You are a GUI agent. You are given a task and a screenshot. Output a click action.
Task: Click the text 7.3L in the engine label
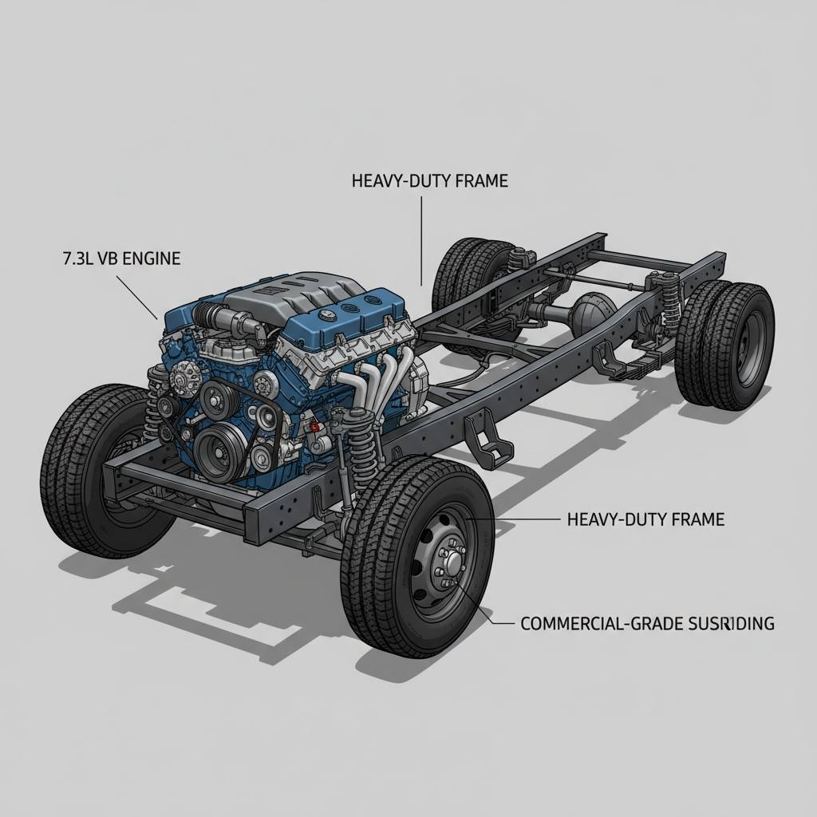pos(77,258)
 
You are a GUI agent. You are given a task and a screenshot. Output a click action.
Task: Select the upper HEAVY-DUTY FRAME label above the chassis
pos(429,181)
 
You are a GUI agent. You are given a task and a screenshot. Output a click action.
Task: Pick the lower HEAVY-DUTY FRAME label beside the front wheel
pos(645,519)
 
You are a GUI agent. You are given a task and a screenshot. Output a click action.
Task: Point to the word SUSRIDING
pos(730,623)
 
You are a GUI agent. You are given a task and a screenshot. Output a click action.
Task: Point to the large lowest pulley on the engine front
pos(218,449)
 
